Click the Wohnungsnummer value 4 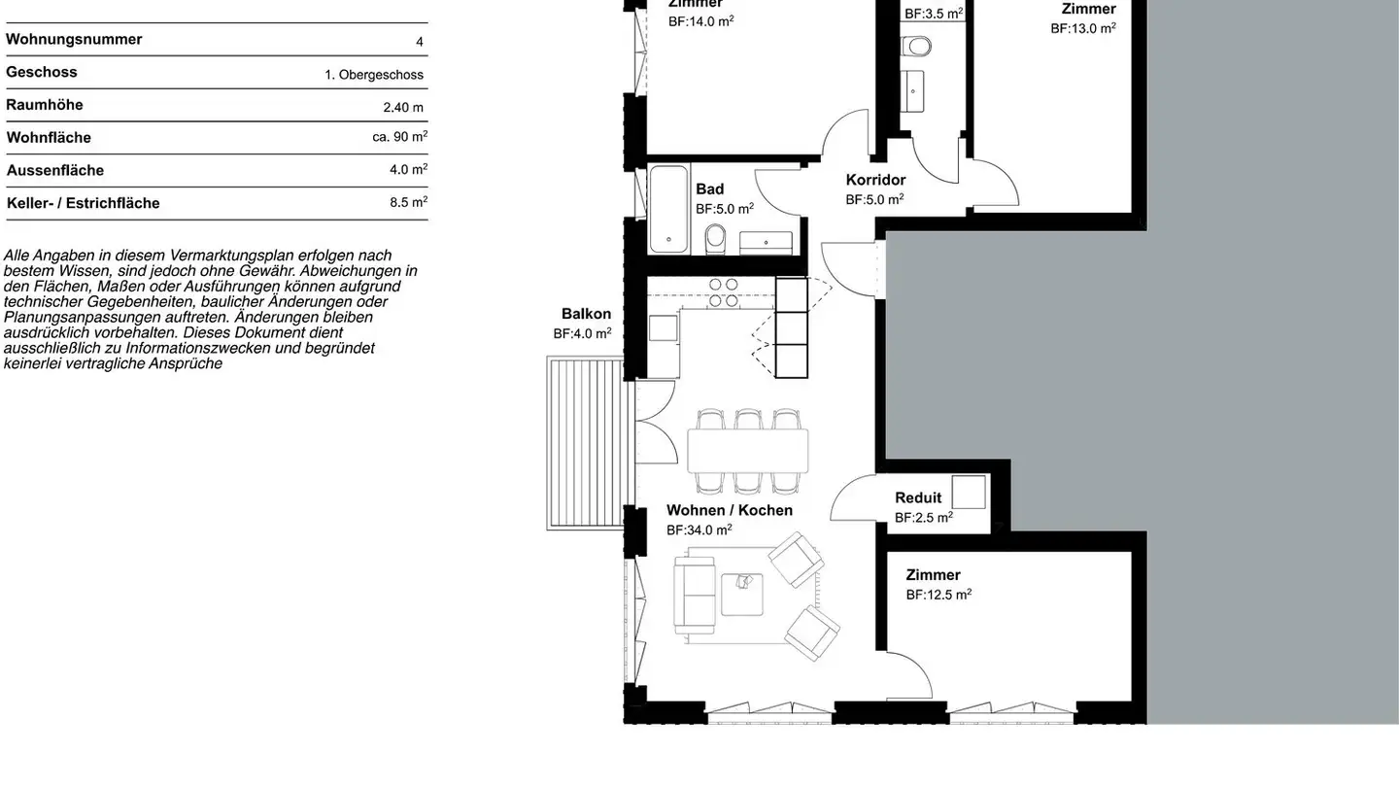click(420, 42)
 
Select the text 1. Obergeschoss click(374, 75)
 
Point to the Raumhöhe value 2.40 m click(403, 108)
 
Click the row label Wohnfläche click(49, 138)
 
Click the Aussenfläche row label click(54, 171)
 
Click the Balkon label click(586, 314)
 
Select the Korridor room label click(875, 180)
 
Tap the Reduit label click(918, 497)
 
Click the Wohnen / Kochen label click(730, 510)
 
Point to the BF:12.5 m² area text click(938, 595)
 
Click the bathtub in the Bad click(668, 209)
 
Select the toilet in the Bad click(716, 237)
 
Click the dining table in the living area click(747, 451)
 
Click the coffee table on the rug click(741, 594)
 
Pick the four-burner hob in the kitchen click(723, 292)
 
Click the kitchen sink click(664, 328)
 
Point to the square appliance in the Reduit click(969, 493)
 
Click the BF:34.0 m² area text click(699, 530)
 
